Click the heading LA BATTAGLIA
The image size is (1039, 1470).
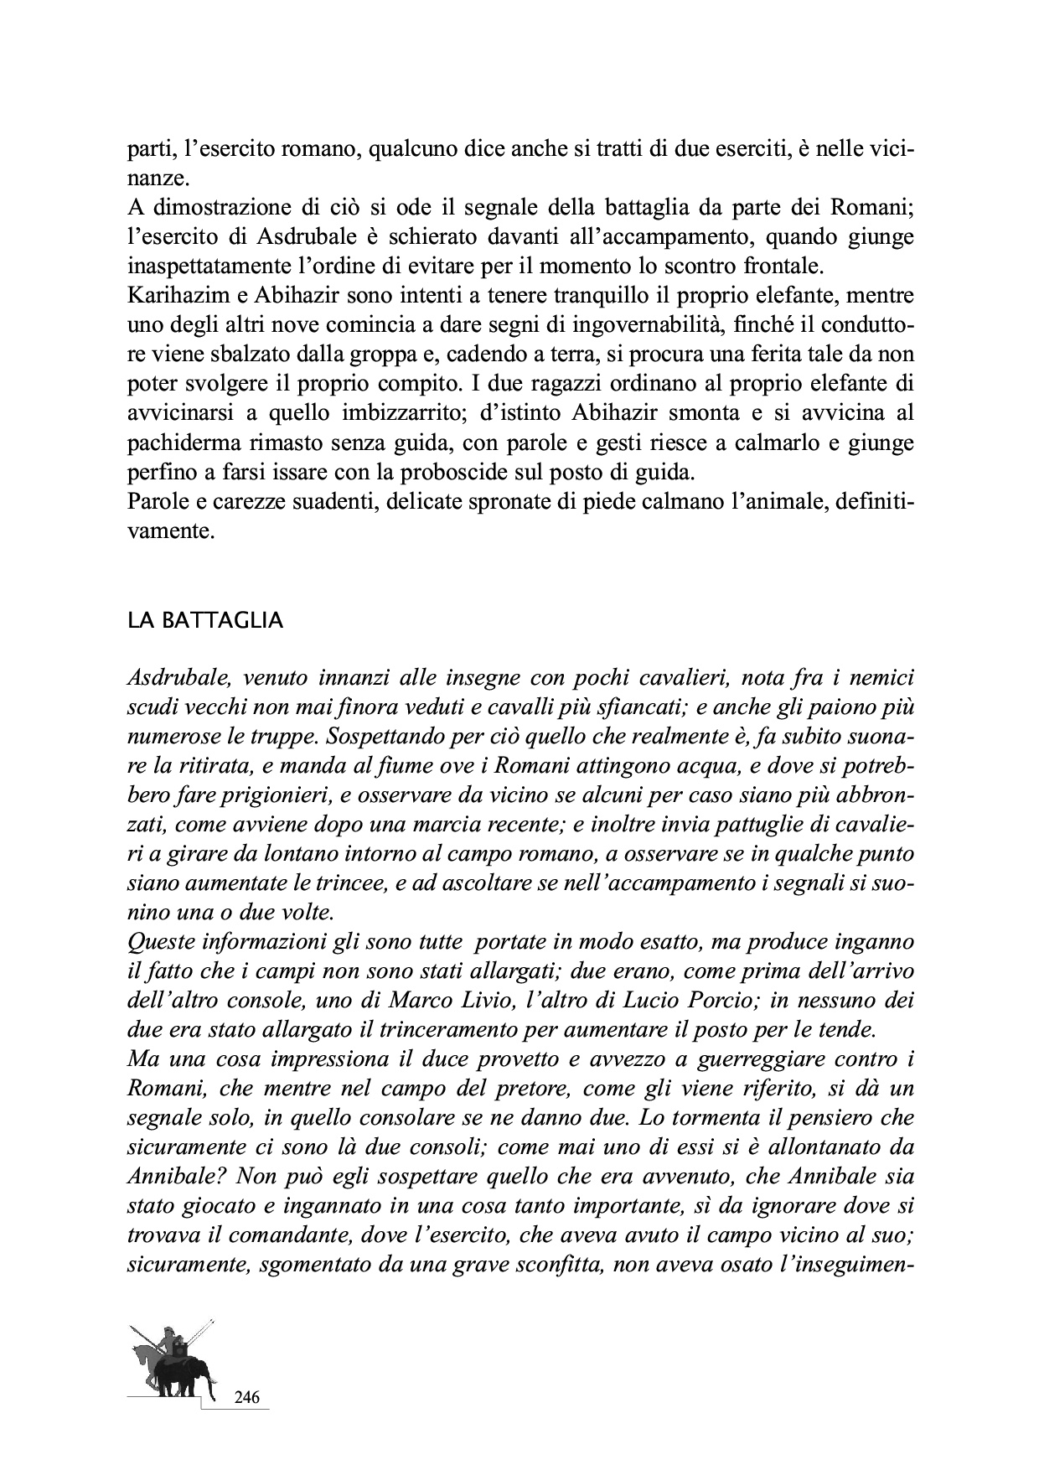[204, 621]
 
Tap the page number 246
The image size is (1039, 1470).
[246, 1397]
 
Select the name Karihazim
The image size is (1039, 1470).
[173, 296]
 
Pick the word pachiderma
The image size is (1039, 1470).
[178, 443]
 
